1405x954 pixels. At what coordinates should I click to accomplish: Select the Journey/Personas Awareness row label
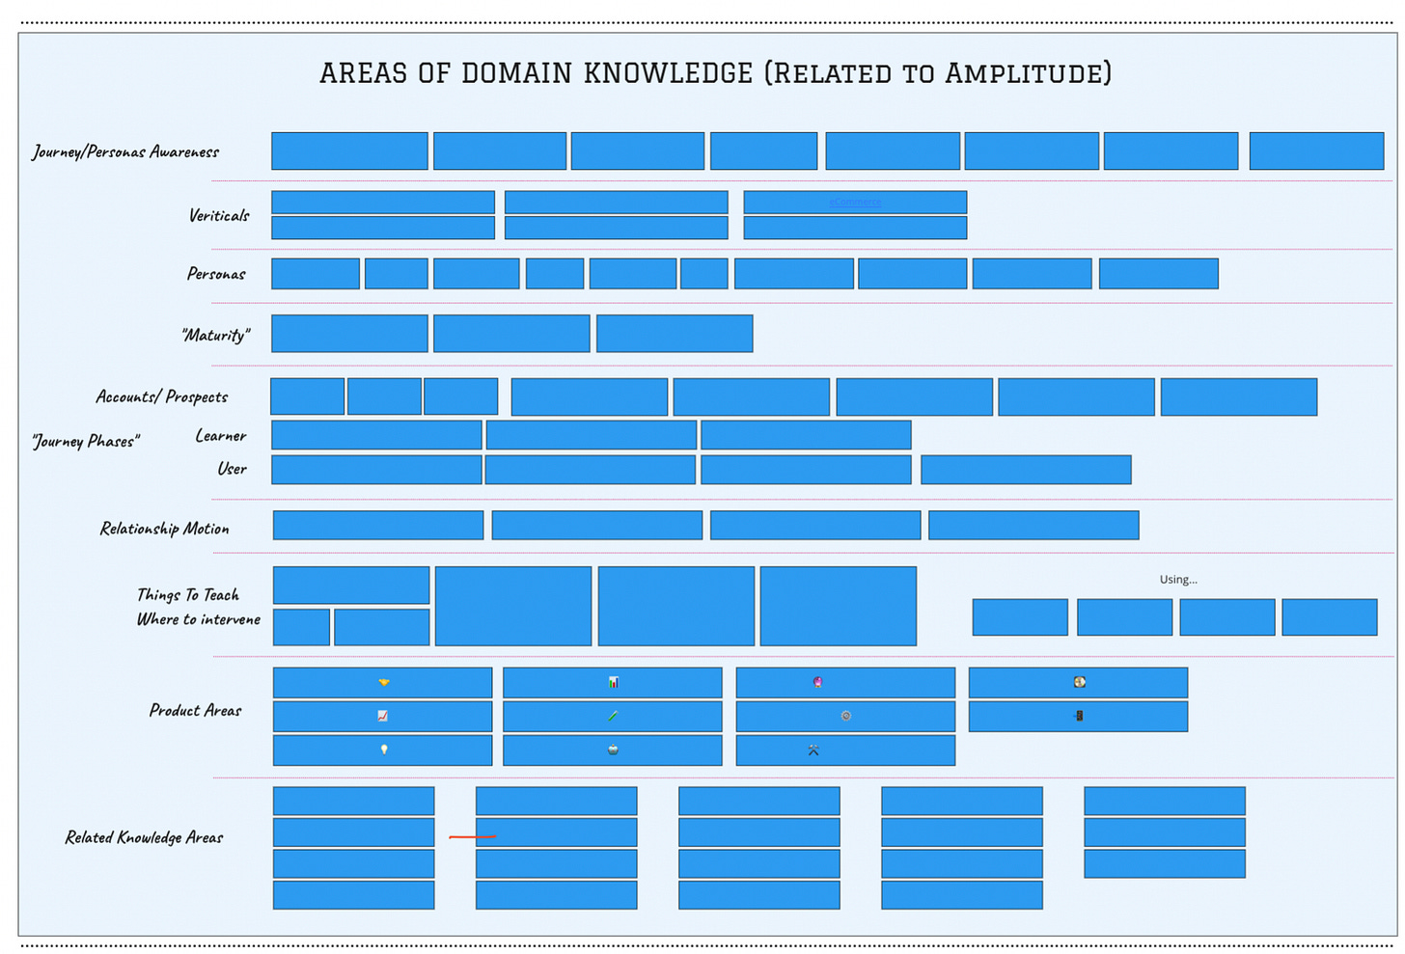click(x=125, y=151)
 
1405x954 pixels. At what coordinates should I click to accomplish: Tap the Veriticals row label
click(x=219, y=215)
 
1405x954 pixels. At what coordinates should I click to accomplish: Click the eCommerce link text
click(x=855, y=203)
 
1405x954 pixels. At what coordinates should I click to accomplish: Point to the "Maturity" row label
click(x=216, y=335)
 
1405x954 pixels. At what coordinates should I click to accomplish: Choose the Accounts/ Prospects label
click(x=162, y=396)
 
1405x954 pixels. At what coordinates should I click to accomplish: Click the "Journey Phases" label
click(x=86, y=441)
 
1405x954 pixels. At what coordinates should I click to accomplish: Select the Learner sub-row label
click(x=221, y=436)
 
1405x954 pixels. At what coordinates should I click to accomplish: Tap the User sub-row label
click(x=232, y=469)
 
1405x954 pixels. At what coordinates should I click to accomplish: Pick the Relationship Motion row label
click(x=165, y=529)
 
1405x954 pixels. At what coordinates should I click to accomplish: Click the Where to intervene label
click(x=199, y=619)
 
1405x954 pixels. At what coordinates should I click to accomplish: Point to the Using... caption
click(x=1178, y=580)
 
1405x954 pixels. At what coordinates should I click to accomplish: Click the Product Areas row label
click(x=196, y=710)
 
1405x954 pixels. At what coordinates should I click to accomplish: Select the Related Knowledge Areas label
click(x=144, y=837)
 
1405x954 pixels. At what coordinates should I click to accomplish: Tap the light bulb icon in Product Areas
click(x=384, y=750)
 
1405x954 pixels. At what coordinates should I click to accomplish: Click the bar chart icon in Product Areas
click(x=613, y=682)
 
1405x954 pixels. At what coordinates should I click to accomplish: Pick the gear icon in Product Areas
click(x=846, y=716)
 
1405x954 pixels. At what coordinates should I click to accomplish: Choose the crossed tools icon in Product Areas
click(x=813, y=750)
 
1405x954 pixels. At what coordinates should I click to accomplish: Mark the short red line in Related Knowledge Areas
click(x=473, y=837)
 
